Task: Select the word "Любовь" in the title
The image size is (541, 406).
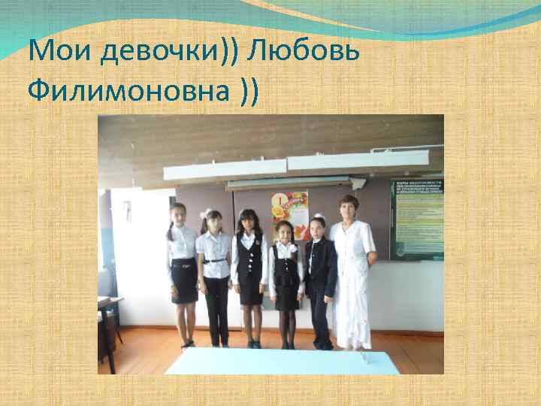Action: tap(303, 52)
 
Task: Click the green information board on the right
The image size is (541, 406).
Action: tap(416, 218)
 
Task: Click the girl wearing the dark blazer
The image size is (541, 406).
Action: tap(320, 278)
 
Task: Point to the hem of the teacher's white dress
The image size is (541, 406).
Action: tap(350, 342)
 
